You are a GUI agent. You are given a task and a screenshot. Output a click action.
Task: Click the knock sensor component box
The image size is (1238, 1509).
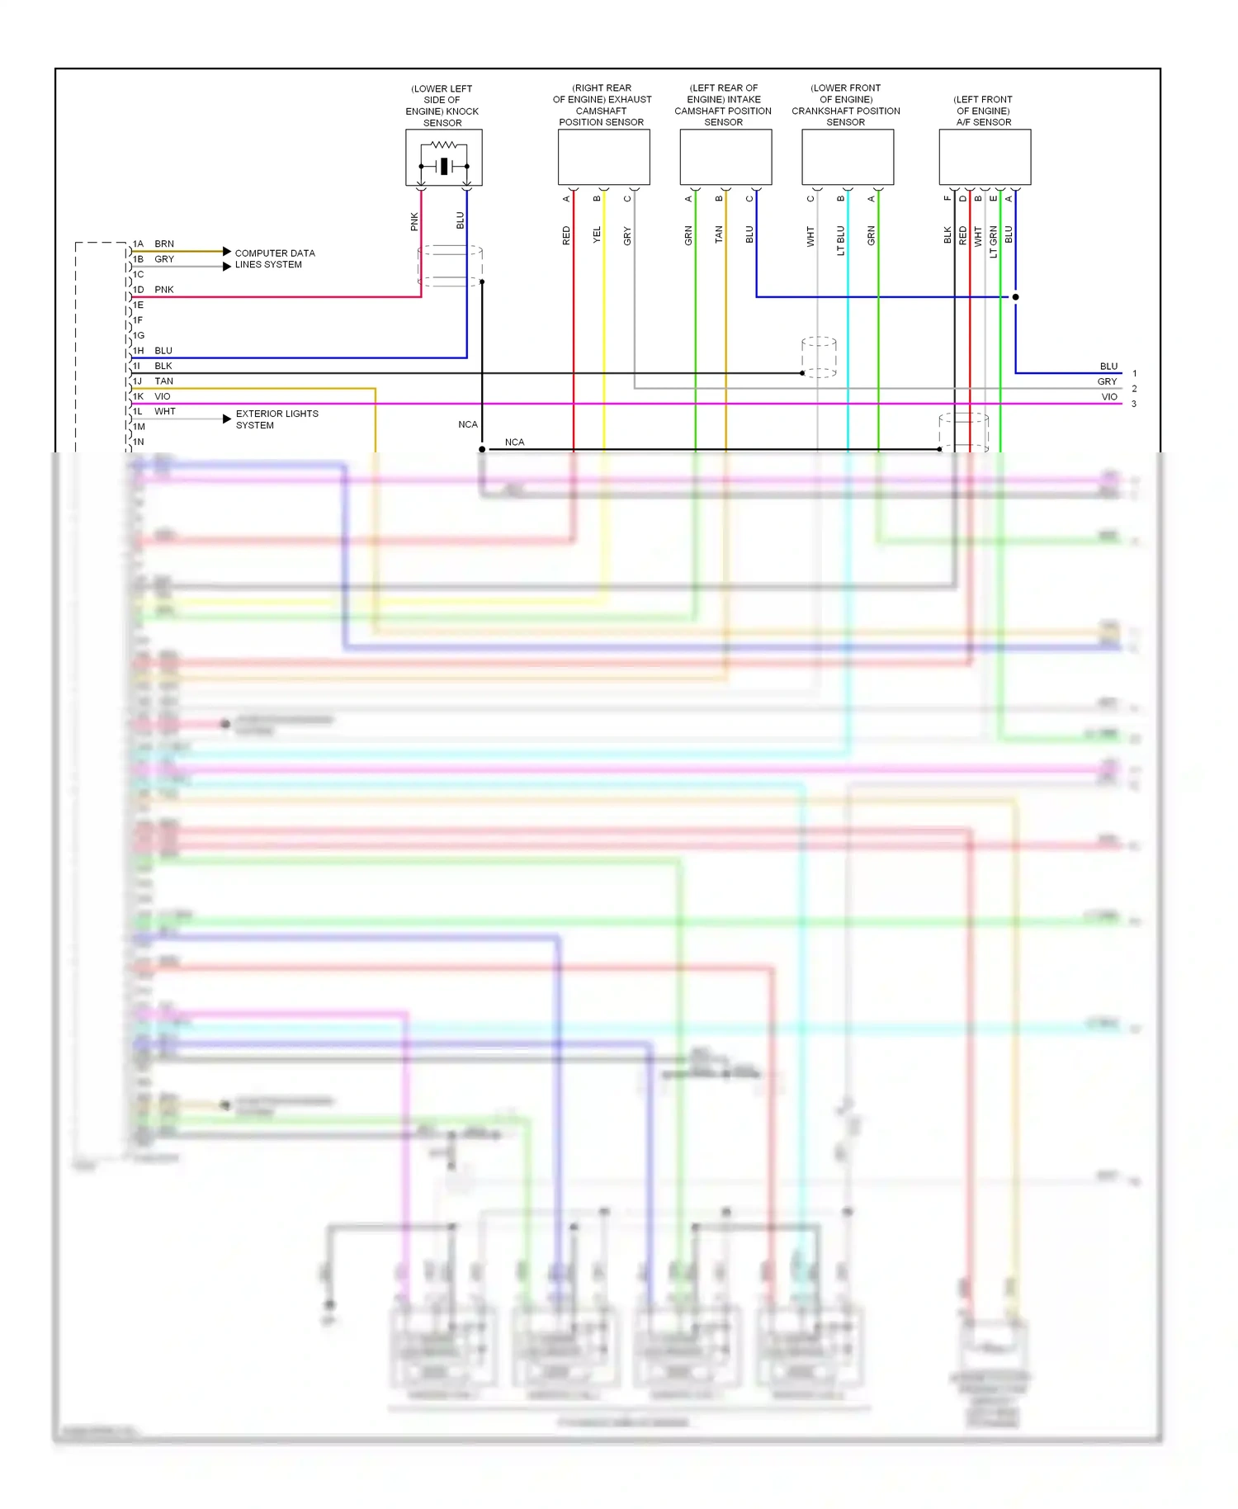[x=443, y=157]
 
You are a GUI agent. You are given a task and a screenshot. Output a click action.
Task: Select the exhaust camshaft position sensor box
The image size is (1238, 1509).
[x=603, y=157]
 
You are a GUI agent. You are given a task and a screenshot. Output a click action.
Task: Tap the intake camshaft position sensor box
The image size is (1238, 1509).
[x=725, y=157]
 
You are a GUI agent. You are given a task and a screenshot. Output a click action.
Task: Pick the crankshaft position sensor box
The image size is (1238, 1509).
[x=848, y=157]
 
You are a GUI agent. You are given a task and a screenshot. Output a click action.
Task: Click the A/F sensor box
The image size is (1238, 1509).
[x=985, y=157]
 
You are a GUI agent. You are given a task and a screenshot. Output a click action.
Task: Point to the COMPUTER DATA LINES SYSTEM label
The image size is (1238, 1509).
[x=275, y=258]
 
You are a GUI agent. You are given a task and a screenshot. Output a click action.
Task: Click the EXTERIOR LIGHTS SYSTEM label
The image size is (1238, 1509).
[x=276, y=419]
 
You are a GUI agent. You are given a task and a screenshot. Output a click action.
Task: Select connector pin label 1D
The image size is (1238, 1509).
[x=139, y=290]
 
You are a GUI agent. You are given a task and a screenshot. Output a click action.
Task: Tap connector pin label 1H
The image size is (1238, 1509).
[x=139, y=351]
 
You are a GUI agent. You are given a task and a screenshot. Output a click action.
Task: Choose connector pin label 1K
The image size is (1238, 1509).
[x=139, y=396]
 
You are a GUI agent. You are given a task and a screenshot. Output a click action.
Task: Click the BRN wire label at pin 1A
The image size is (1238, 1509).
[x=164, y=244]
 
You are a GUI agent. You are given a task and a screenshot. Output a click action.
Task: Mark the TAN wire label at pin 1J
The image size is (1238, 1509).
[x=164, y=381]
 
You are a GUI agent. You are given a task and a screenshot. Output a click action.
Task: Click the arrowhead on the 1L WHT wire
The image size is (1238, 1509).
[x=227, y=419]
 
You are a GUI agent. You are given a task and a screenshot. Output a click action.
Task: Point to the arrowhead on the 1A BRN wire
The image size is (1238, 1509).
[x=227, y=251]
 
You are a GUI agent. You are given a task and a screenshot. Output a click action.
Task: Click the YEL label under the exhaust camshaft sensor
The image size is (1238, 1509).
[x=597, y=235]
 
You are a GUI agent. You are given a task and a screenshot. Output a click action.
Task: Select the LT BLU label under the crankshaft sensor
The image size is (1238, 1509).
[x=841, y=240]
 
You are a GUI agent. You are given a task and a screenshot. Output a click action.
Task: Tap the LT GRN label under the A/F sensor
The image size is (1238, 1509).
[x=994, y=242]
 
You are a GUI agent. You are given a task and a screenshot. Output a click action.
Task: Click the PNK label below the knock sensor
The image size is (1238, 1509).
[x=414, y=221]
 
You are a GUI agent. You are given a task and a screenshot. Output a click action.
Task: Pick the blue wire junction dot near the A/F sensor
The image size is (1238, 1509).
[x=1015, y=297]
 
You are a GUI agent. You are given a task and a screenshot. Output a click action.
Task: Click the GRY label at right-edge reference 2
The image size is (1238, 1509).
[x=1107, y=382]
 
